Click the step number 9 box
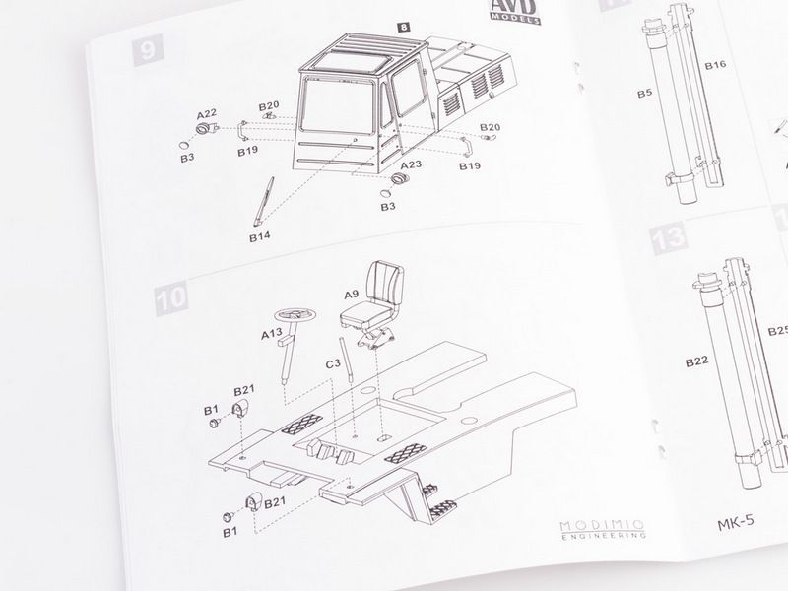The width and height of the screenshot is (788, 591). point(148,50)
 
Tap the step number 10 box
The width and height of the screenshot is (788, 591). point(171,298)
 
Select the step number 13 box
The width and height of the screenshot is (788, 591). point(669,237)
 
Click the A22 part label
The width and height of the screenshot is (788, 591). point(207,114)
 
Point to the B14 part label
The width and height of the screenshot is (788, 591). point(260,236)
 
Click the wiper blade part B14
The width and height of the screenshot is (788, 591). point(264,201)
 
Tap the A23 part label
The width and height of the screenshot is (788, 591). point(411,164)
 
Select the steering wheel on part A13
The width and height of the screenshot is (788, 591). point(295,315)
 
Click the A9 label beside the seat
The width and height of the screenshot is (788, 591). point(352,294)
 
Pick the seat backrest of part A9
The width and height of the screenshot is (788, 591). point(385,283)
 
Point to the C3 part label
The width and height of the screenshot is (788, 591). point(333,362)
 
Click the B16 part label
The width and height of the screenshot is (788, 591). point(715,65)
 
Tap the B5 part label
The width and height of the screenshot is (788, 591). point(645,94)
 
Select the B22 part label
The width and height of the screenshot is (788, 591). point(696,361)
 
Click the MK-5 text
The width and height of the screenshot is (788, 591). point(736,523)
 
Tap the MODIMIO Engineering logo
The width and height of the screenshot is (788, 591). point(603,530)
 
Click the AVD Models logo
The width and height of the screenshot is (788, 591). point(515,11)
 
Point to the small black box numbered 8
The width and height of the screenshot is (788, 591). point(403,27)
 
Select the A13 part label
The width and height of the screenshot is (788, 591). point(272,334)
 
